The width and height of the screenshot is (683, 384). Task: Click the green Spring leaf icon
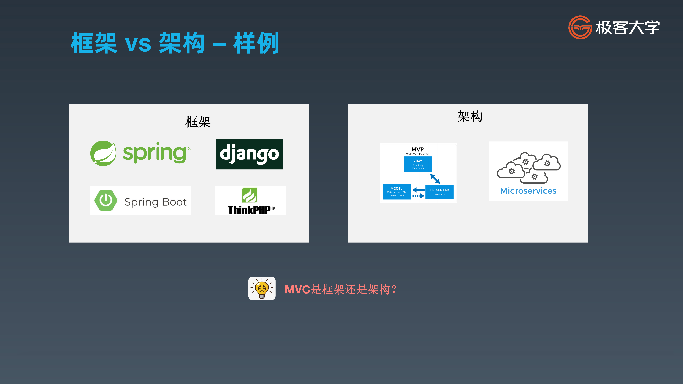pyautogui.click(x=103, y=153)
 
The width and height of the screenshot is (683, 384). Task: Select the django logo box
pyautogui.click(x=250, y=154)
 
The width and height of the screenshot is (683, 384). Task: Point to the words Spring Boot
pyautogui.click(x=156, y=202)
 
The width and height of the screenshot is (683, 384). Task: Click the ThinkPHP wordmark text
pyautogui.click(x=249, y=210)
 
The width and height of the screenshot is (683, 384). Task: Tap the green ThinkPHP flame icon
pyautogui.click(x=249, y=195)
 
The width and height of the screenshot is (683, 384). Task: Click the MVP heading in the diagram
pyautogui.click(x=418, y=150)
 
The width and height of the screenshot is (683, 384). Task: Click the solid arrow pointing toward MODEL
pyautogui.click(x=418, y=190)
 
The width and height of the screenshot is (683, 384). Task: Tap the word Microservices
pyautogui.click(x=528, y=191)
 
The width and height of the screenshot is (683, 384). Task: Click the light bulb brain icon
pyautogui.click(x=262, y=288)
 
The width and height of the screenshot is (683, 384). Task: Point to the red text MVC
pyautogui.click(x=297, y=289)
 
